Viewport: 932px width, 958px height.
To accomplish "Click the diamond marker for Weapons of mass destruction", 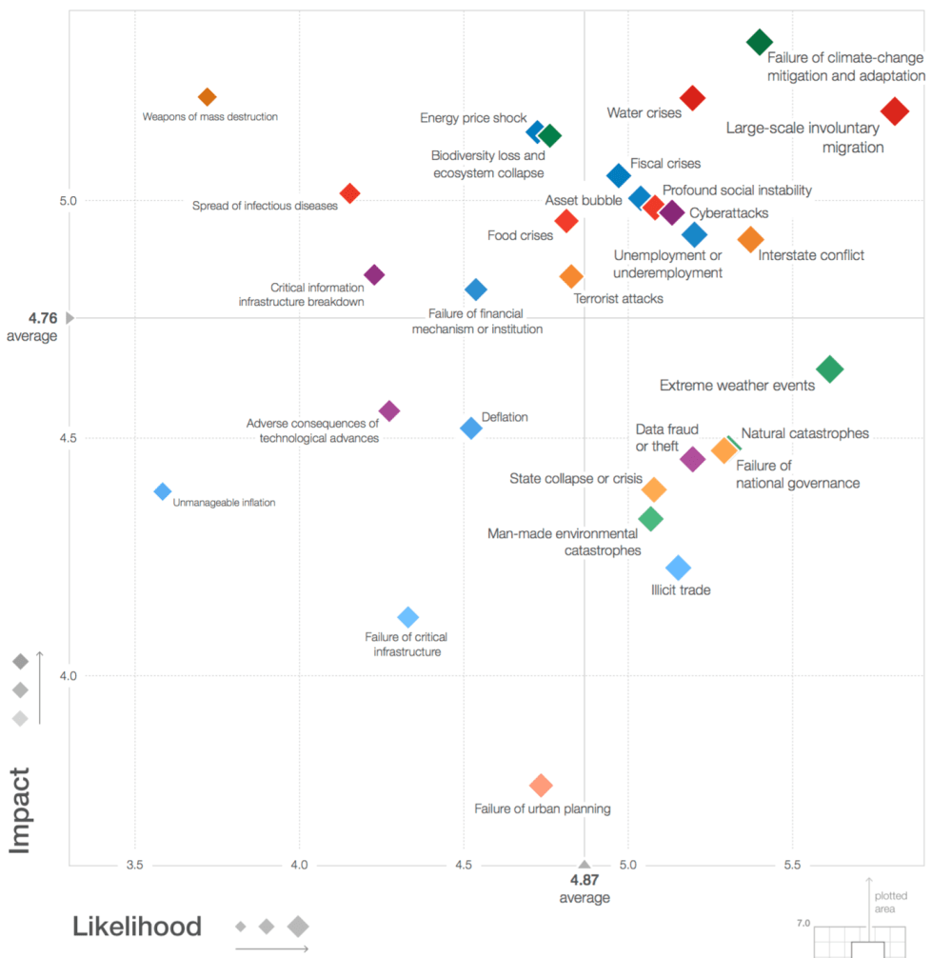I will click(x=208, y=97).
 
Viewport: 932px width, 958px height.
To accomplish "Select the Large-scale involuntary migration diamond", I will click(x=894, y=111).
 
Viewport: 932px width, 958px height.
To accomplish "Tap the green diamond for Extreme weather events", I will click(x=830, y=369).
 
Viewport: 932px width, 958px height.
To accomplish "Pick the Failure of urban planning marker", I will click(x=541, y=786).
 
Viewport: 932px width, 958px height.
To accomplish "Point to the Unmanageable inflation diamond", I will click(x=163, y=491).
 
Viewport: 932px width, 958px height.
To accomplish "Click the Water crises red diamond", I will click(x=692, y=97).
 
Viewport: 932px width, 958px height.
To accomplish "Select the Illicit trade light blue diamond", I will click(x=678, y=568).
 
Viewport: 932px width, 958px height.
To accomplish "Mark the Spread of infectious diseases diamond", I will click(x=350, y=193).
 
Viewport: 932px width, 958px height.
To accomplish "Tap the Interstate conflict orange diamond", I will click(x=751, y=240).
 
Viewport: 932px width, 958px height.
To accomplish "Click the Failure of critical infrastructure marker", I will click(x=407, y=617).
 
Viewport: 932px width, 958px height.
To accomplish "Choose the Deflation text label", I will click(x=505, y=417).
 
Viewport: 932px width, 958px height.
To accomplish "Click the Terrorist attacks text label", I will click(x=619, y=298).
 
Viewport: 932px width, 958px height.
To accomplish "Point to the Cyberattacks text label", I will click(x=728, y=213).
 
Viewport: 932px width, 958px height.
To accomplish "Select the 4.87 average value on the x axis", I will click(x=585, y=881).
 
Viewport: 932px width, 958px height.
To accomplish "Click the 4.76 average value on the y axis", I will click(x=44, y=318).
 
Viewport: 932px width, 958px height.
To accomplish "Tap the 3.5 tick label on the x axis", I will click(x=135, y=865).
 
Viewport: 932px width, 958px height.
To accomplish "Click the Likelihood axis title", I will click(x=137, y=927).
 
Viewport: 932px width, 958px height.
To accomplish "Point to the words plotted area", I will click(x=890, y=902).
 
